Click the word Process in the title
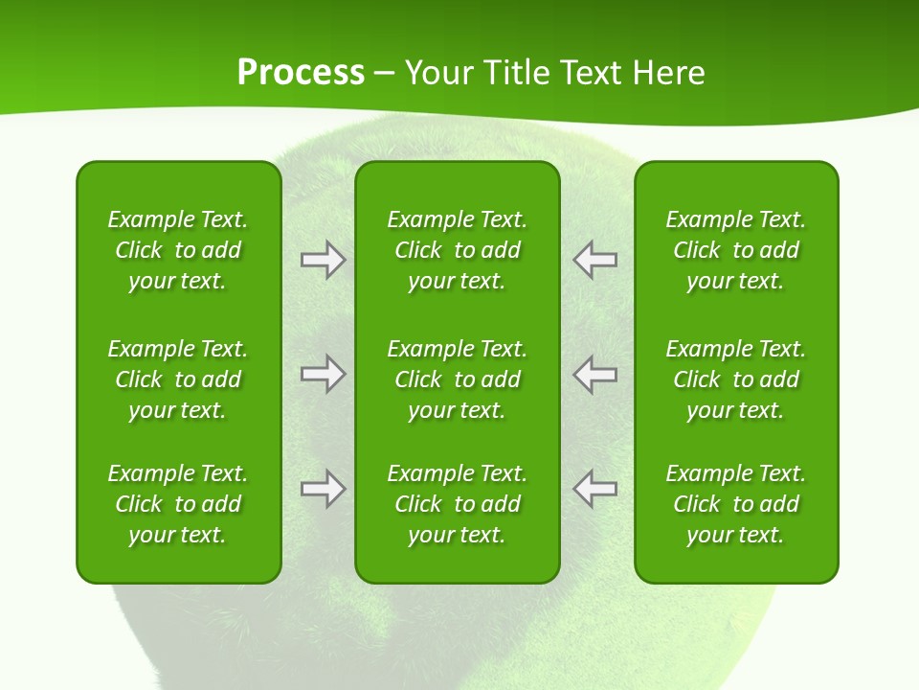coord(301,73)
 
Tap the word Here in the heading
coord(668,73)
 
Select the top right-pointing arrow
coord(323,260)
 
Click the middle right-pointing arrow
coord(323,374)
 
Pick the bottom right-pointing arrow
coord(323,489)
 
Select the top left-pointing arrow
coord(595,260)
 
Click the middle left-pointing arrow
coord(595,374)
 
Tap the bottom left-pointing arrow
coord(595,489)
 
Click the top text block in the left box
coord(178,250)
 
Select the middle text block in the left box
coord(178,379)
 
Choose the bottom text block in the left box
coord(178,504)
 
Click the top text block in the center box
coord(457,250)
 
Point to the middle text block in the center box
coord(457,379)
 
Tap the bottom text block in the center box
coord(457,504)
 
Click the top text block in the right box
coord(736,250)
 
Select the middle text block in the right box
coord(736,379)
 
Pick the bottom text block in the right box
coord(736,504)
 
